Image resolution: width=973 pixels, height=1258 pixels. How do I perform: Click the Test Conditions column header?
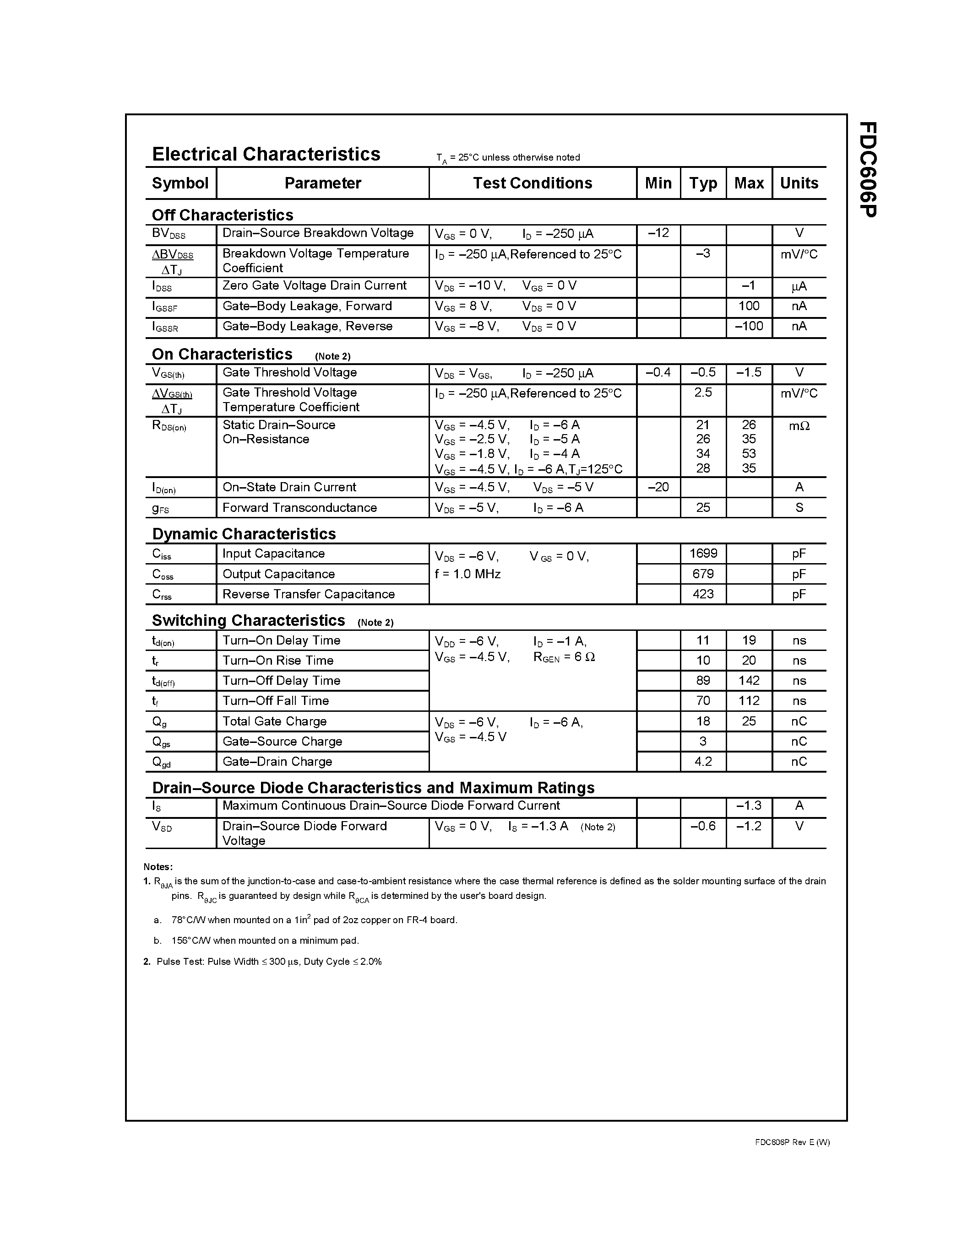532,183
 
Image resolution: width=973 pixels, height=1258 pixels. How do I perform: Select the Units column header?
799,183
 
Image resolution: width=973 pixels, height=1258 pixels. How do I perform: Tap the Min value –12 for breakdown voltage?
658,233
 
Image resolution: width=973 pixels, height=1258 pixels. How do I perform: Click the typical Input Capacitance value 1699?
703,554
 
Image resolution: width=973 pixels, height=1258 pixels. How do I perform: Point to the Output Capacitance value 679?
703,574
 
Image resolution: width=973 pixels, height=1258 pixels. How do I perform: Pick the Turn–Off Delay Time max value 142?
749,680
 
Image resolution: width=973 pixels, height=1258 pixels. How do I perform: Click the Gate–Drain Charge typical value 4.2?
703,762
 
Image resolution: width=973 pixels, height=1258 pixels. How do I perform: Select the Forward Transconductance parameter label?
300,507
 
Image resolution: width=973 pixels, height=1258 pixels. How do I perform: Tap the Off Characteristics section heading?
223,215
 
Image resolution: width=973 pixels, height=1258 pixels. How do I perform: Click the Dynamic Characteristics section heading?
244,534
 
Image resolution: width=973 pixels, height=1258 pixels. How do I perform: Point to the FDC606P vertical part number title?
867,169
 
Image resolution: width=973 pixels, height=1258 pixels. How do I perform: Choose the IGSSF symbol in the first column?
165,307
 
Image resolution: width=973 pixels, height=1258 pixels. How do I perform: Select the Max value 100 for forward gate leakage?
749,306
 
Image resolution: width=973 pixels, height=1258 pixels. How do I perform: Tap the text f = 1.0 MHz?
467,574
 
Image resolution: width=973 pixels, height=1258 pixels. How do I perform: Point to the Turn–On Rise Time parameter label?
278,661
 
